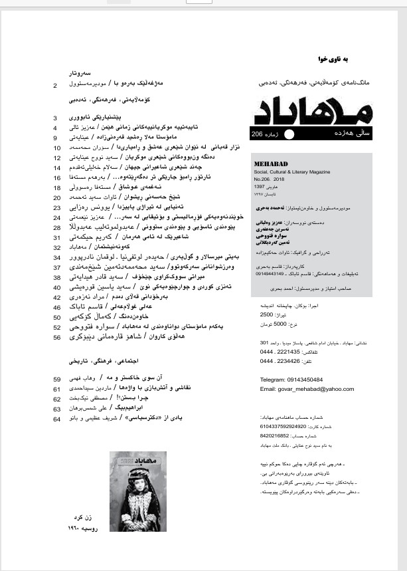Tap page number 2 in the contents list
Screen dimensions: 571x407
[x=55, y=85]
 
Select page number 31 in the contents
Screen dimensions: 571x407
[x=56, y=237]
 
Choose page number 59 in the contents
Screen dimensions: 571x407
[x=56, y=380]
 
